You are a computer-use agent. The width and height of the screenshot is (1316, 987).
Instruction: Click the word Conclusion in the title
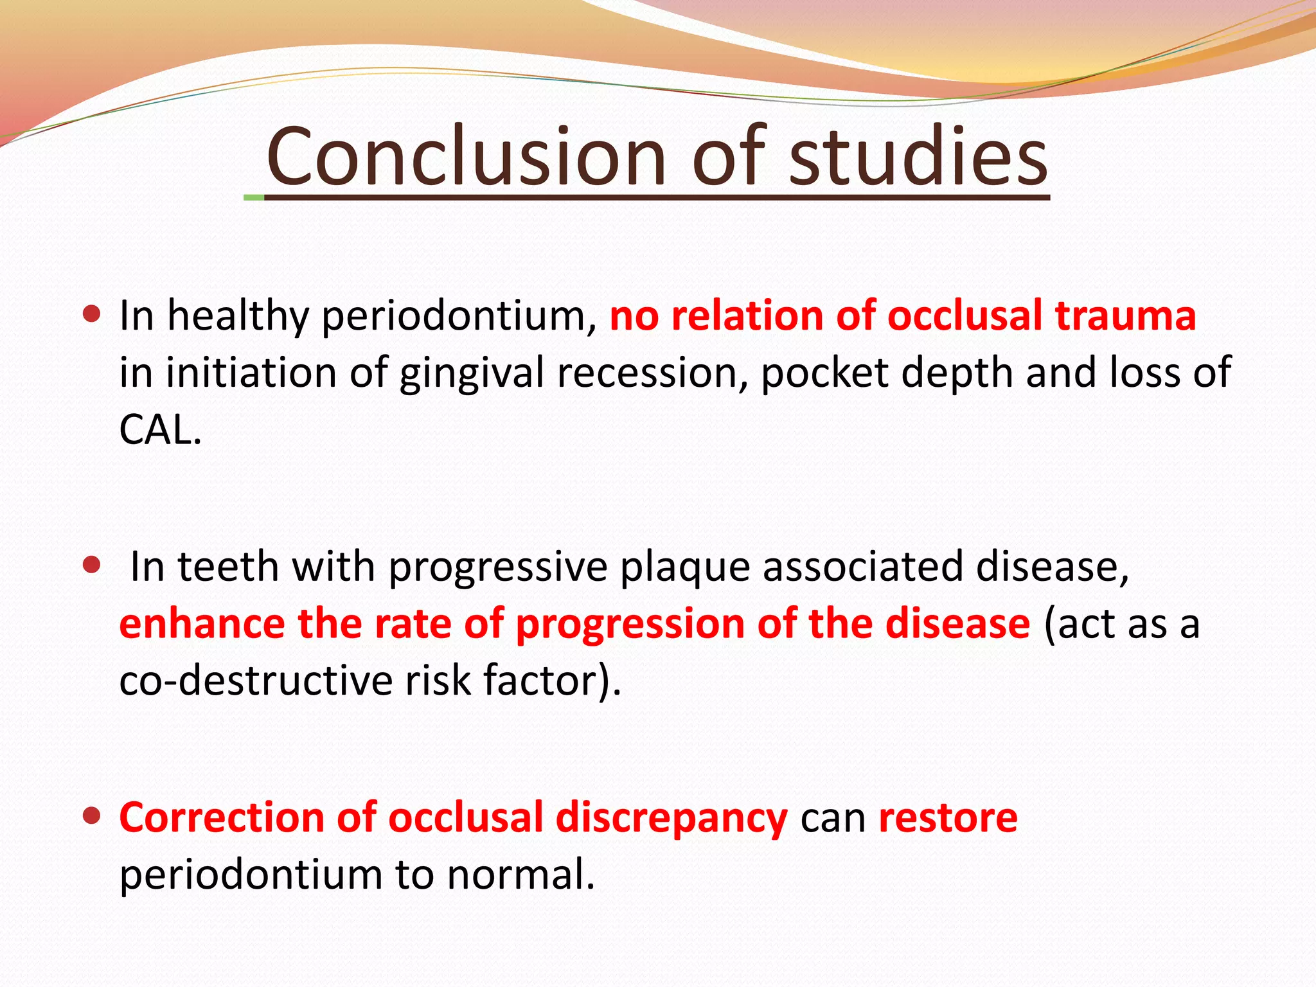pos(466,156)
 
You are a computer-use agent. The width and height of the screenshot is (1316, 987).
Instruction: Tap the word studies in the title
pos(918,156)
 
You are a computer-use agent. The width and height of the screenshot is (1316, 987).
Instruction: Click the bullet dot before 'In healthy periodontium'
pos(93,314)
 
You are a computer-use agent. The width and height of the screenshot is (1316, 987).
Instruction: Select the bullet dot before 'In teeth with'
pos(93,565)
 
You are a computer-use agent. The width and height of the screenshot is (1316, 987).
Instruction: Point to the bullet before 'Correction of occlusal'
pos(93,816)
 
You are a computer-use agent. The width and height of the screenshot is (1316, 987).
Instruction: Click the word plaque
pos(684,567)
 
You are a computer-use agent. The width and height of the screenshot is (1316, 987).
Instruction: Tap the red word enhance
pos(202,623)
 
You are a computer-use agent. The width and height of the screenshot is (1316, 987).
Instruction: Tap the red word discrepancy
pos(671,819)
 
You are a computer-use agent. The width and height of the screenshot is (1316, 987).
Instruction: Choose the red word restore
pos(948,817)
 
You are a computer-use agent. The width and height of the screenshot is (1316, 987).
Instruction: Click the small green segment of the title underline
pos(254,197)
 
